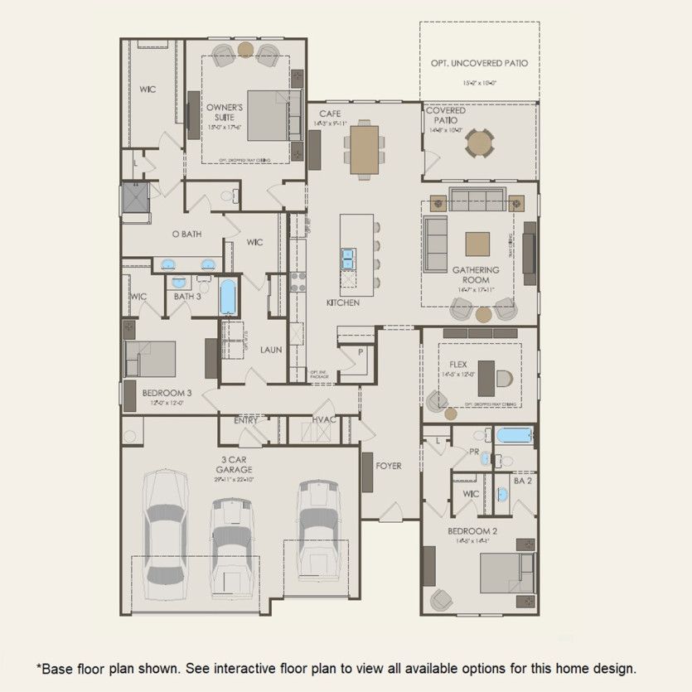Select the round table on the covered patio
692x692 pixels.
coord(479,143)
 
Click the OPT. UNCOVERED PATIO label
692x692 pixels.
coord(479,63)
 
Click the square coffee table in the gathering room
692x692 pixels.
coord(477,244)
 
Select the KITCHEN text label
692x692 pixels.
coord(342,303)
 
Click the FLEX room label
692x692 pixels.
coord(458,364)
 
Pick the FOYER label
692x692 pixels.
coord(388,466)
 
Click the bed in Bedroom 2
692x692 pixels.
coord(506,572)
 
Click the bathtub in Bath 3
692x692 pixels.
coord(228,297)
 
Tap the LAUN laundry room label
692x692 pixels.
coord(270,350)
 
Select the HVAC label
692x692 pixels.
coord(323,420)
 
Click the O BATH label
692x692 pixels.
coord(186,235)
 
